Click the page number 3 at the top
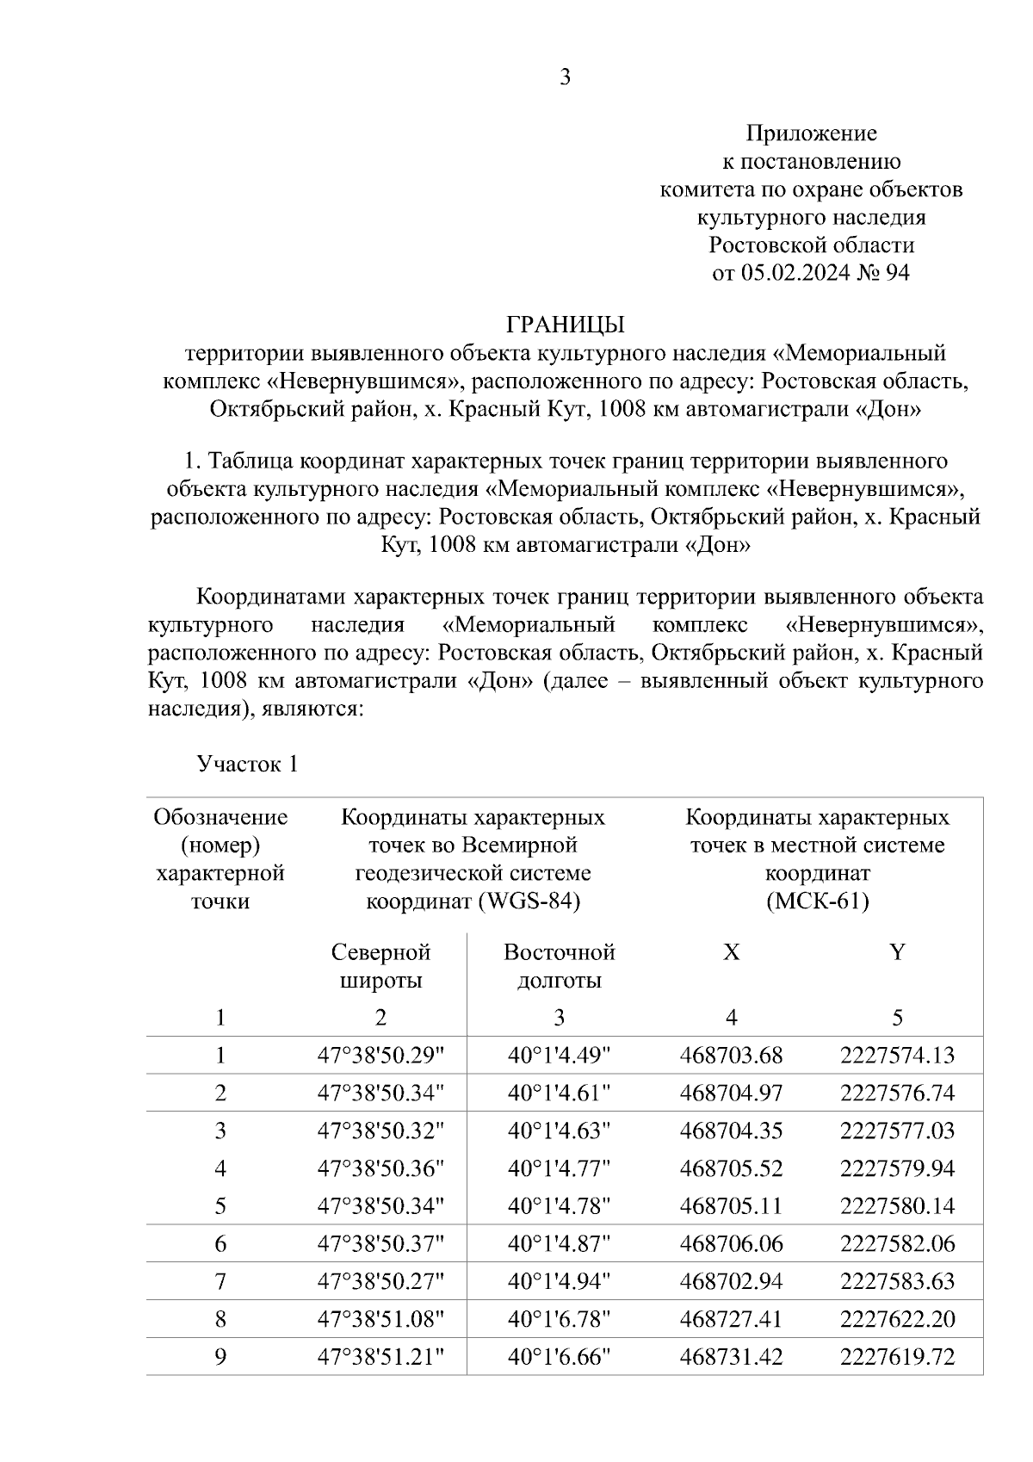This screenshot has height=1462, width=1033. [x=565, y=78]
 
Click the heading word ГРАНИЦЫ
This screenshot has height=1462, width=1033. [x=565, y=325]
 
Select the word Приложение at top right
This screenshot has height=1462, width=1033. [x=811, y=133]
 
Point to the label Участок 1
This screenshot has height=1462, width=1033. [x=247, y=764]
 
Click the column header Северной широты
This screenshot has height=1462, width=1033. [x=380, y=966]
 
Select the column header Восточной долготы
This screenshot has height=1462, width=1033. [x=559, y=966]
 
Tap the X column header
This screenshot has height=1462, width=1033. [x=731, y=952]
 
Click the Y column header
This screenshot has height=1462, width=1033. [x=897, y=952]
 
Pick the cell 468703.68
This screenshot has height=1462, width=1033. [x=731, y=1055]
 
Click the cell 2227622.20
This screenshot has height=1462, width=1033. [x=897, y=1319]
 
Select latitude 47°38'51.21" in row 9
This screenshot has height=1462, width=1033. [x=380, y=1357]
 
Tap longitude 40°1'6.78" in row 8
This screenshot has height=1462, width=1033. [x=559, y=1319]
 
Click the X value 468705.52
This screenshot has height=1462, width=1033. [x=731, y=1168]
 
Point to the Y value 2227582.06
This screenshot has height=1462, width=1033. [x=897, y=1243]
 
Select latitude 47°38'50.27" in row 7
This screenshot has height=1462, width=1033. [x=380, y=1281]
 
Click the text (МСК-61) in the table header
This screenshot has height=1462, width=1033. [x=817, y=901]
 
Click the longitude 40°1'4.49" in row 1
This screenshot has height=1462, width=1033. [x=559, y=1055]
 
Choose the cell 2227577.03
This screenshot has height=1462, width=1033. [x=897, y=1131]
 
